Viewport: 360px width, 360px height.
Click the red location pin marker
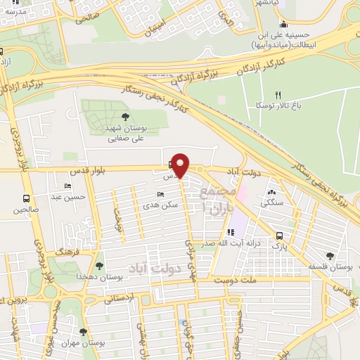click(x=181, y=165)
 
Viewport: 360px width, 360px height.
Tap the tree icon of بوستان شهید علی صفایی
click(x=125, y=117)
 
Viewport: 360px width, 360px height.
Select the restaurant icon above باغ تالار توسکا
click(x=278, y=95)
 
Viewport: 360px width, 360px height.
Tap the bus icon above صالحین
click(x=26, y=198)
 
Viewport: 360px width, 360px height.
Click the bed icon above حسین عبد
click(x=67, y=186)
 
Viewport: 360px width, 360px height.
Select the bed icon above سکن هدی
click(x=161, y=193)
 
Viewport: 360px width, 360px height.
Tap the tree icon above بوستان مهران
click(x=84, y=332)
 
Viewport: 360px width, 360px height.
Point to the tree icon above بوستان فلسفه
click(x=330, y=256)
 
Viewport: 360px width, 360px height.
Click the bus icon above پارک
click(x=280, y=236)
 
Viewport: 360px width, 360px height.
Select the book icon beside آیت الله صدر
click(x=229, y=233)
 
